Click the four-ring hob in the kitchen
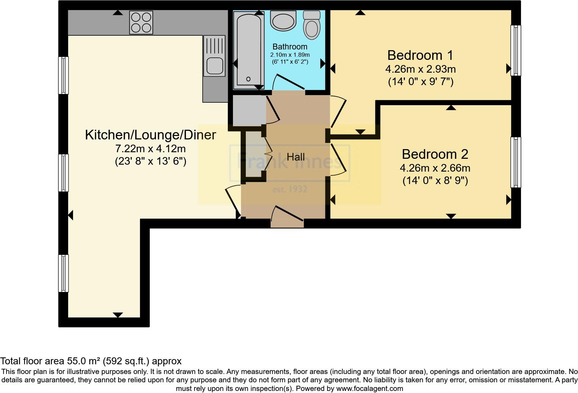click(x=141, y=22)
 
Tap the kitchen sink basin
click(x=214, y=66)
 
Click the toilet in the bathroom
click(x=312, y=25)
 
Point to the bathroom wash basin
click(x=283, y=21)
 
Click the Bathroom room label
click(x=290, y=47)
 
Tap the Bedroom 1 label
click(x=420, y=55)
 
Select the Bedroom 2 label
click(x=435, y=154)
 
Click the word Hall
click(x=296, y=157)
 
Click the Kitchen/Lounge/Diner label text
click(x=150, y=135)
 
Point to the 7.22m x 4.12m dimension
click(x=150, y=149)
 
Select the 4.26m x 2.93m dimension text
click(x=420, y=69)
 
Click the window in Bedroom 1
click(x=515, y=51)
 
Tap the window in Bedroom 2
click(x=515, y=162)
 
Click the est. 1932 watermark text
click(x=290, y=190)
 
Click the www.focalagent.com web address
click(x=369, y=389)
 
